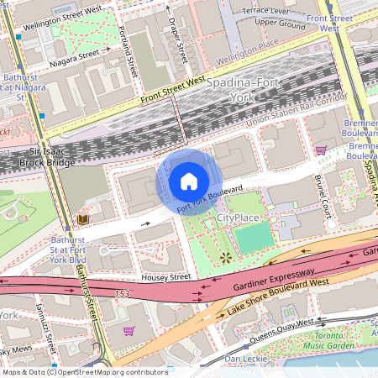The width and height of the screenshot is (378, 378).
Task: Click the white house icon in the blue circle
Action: (189, 181)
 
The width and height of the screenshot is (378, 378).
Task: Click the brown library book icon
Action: (82, 220)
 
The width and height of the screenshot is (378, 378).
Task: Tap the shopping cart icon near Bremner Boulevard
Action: (320, 150)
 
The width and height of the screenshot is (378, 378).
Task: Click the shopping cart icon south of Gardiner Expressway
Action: (129, 330)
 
